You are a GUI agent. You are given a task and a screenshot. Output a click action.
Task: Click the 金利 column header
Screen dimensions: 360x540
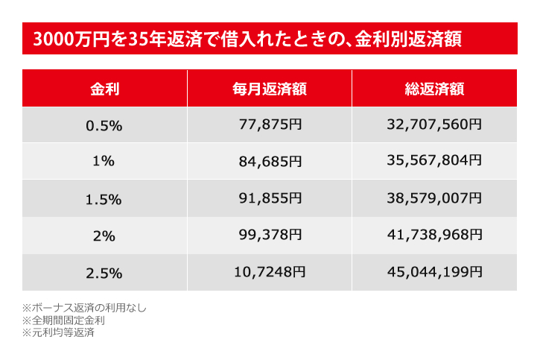tap(104, 89)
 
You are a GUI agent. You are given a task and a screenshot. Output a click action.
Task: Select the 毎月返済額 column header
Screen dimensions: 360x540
tap(270, 89)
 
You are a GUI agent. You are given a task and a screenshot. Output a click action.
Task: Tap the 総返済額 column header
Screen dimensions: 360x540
tap(435, 89)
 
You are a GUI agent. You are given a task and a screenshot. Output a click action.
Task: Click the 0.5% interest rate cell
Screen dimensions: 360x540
tap(104, 125)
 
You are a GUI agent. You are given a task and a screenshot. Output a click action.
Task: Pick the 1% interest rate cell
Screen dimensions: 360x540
tap(104, 162)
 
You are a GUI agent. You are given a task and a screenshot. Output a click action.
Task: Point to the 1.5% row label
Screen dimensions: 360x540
tap(104, 198)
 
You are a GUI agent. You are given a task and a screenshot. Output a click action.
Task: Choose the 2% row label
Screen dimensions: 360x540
tap(104, 236)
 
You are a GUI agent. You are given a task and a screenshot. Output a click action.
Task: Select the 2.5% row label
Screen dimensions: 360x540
tap(104, 273)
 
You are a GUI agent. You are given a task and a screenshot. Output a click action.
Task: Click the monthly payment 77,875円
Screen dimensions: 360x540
tap(270, 125)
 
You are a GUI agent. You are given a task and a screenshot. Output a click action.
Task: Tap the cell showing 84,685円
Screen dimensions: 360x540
tap(270, 162)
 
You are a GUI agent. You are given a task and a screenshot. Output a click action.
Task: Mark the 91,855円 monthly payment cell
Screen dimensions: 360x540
tap(270, 198)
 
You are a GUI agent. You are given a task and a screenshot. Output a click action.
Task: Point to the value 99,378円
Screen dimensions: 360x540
tap(270, 236)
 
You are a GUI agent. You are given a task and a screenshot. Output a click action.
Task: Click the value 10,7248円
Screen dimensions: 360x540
tap(270, 273)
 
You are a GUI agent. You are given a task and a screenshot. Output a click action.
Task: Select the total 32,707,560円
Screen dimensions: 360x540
tap(435, 125)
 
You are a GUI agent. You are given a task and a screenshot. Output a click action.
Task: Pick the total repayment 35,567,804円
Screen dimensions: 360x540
tap(435, 162)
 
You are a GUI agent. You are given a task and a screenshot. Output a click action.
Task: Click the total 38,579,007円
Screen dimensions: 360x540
tap(435, 198)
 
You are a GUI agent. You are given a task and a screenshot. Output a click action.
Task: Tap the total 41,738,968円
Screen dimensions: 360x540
tap(435, 236)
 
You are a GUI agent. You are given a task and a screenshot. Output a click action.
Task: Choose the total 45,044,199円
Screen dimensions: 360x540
tap(435, 273)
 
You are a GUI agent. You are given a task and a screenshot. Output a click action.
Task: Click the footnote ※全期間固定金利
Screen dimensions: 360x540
tap(63, 320)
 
